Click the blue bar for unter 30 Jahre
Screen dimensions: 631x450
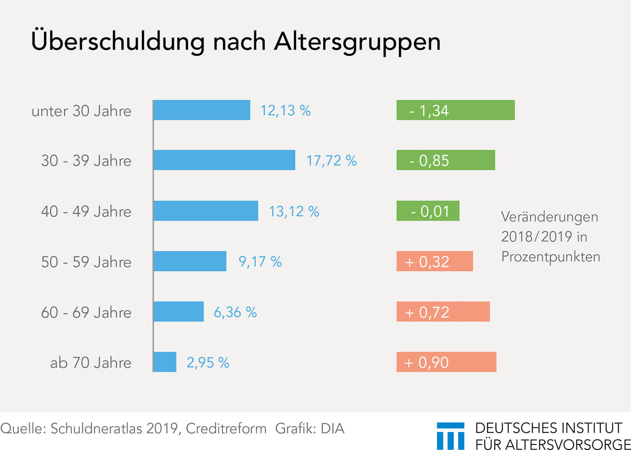tap(201, 110)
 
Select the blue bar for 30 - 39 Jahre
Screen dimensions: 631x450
tap(224, 160)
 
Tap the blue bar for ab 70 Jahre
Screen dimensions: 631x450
tap(165, 362)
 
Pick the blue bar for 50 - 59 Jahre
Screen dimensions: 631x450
tap(190, 261)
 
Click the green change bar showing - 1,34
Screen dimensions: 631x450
tap(456, 110)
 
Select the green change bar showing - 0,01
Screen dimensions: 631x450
tap(428, 210)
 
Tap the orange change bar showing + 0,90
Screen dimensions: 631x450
tap(446, 362)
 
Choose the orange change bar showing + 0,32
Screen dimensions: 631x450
tap(435, 261)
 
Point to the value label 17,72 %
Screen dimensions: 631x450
tap(331, 161)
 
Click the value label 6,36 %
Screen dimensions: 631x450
tap(235, 312)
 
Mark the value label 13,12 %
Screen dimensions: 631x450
tap(294, 211)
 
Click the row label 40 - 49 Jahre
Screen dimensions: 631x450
tap(86, 211)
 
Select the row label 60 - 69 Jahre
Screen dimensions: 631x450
tap(86, 312)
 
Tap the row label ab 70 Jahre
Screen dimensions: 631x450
tap(91, 362)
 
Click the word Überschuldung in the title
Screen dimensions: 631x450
tap(118, 40)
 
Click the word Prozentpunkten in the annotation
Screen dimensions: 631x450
tap(551, 257)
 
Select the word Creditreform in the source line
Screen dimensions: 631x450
tap(226, 428)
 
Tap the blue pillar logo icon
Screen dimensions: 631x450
tap(451, 436)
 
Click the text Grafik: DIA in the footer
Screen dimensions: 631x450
tap(310, 428)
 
